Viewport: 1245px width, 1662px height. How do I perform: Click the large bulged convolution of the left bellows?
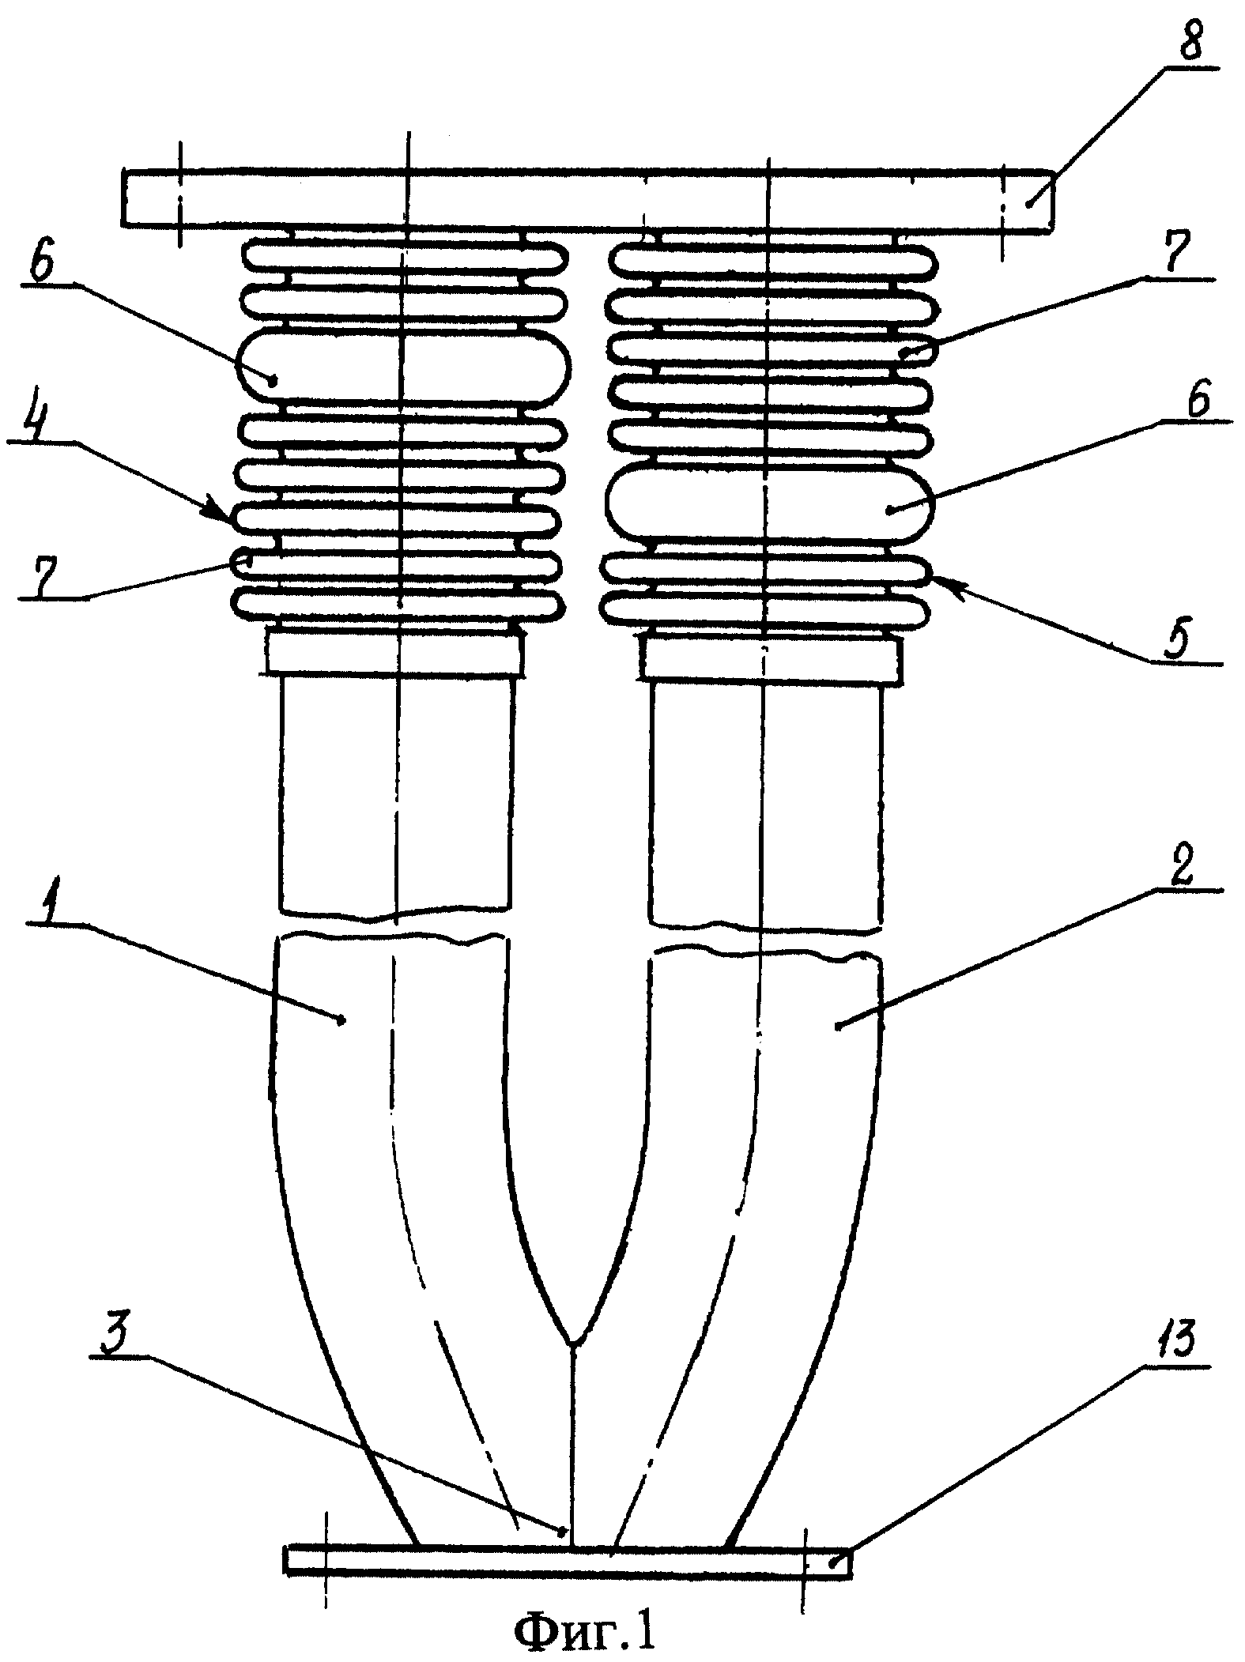coord(402,366)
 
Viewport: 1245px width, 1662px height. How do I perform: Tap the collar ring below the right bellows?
coord(771,658)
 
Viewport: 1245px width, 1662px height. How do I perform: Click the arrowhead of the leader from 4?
coord(229,514)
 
